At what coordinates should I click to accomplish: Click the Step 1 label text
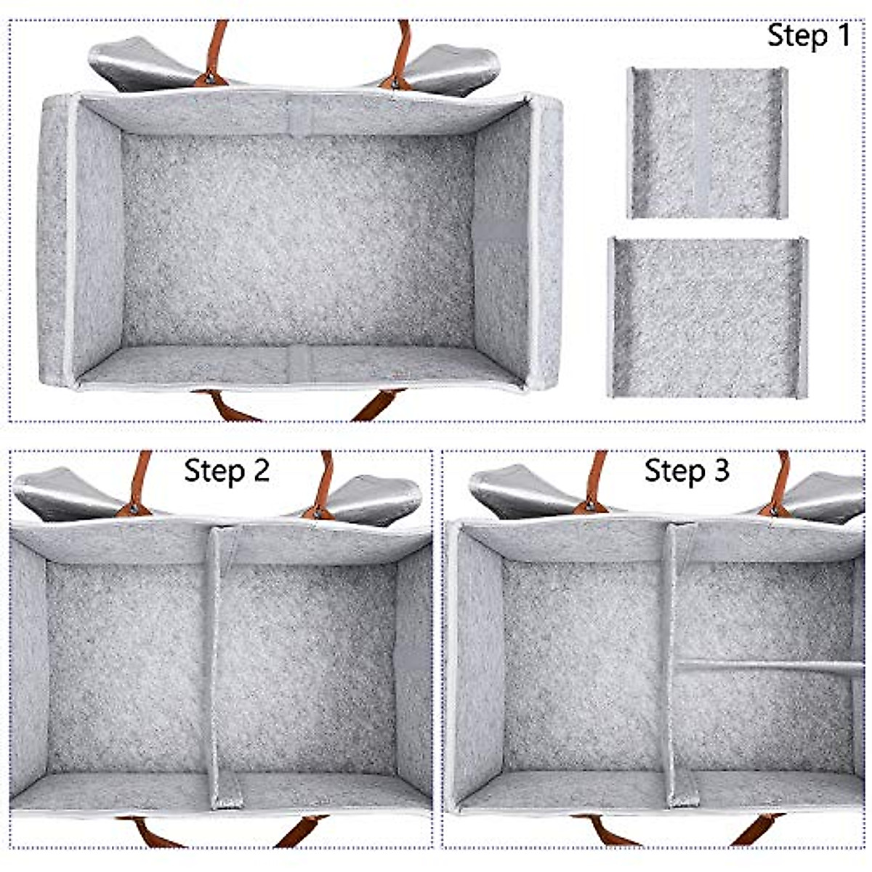(x=808, y=36)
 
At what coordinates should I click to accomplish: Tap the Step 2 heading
(x=227, y=471)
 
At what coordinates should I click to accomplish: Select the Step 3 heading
(x=687, y=471)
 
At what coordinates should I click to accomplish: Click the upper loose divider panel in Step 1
(x=707, y=142)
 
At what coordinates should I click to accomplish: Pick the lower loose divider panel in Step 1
(x=707, y=318)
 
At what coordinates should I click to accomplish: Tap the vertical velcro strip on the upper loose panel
(x=703, y=142)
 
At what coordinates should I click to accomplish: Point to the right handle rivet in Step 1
(x=396, y=82)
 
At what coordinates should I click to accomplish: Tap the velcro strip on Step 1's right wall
(x=500, y=230)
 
